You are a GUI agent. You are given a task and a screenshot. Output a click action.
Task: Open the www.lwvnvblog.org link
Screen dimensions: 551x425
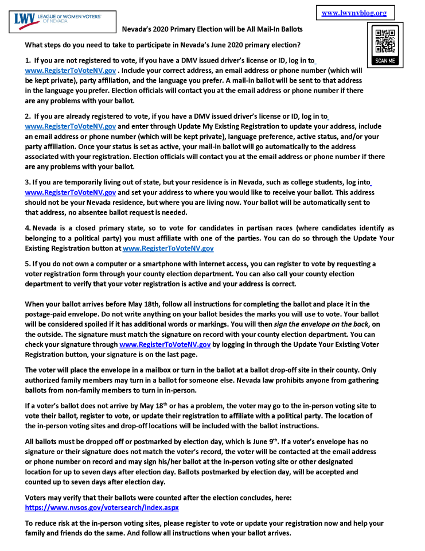(x=354, y=13)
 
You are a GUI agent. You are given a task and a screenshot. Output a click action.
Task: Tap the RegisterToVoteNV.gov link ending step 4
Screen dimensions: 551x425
(x=168, y=249)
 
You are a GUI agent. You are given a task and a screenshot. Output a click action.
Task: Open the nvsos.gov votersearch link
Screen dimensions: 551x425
(x=102, y=508)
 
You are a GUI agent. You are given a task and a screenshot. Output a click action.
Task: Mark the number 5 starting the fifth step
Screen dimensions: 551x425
(x=28, y=263)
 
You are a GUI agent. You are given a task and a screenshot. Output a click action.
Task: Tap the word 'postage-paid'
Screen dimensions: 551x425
(x=49, y=315)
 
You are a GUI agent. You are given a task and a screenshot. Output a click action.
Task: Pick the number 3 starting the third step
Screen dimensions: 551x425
(x=28, y=183)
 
